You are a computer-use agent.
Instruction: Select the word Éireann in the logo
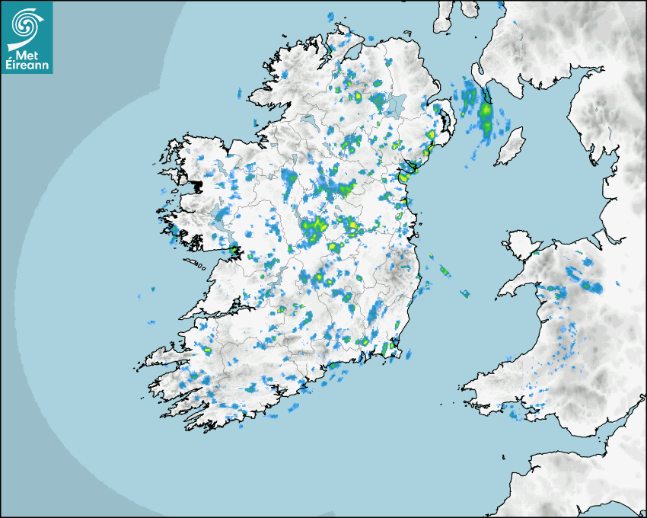click(x=27, y=66)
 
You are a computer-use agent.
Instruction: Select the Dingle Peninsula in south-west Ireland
click(x=164, y=355)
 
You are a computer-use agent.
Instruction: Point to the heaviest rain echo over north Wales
click(x=593, y=287)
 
